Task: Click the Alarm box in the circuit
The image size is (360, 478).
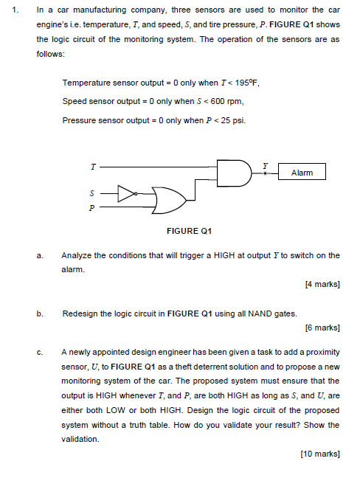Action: pyautogui.click(x=302, y=173)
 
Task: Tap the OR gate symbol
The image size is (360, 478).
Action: pyautogui.click(x=168, y=199)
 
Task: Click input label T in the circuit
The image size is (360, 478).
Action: pyautogui.click(x=92, y=167)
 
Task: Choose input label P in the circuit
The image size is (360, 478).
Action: pyautogui.click(x=92, y=208)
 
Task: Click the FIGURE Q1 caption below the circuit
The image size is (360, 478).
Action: pyautogui.click(x=189, y=232)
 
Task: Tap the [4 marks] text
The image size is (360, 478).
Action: pyautogui.click(x=322, y=283)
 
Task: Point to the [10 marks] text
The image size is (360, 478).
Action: pyautogui.click(x=320, y=453)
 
